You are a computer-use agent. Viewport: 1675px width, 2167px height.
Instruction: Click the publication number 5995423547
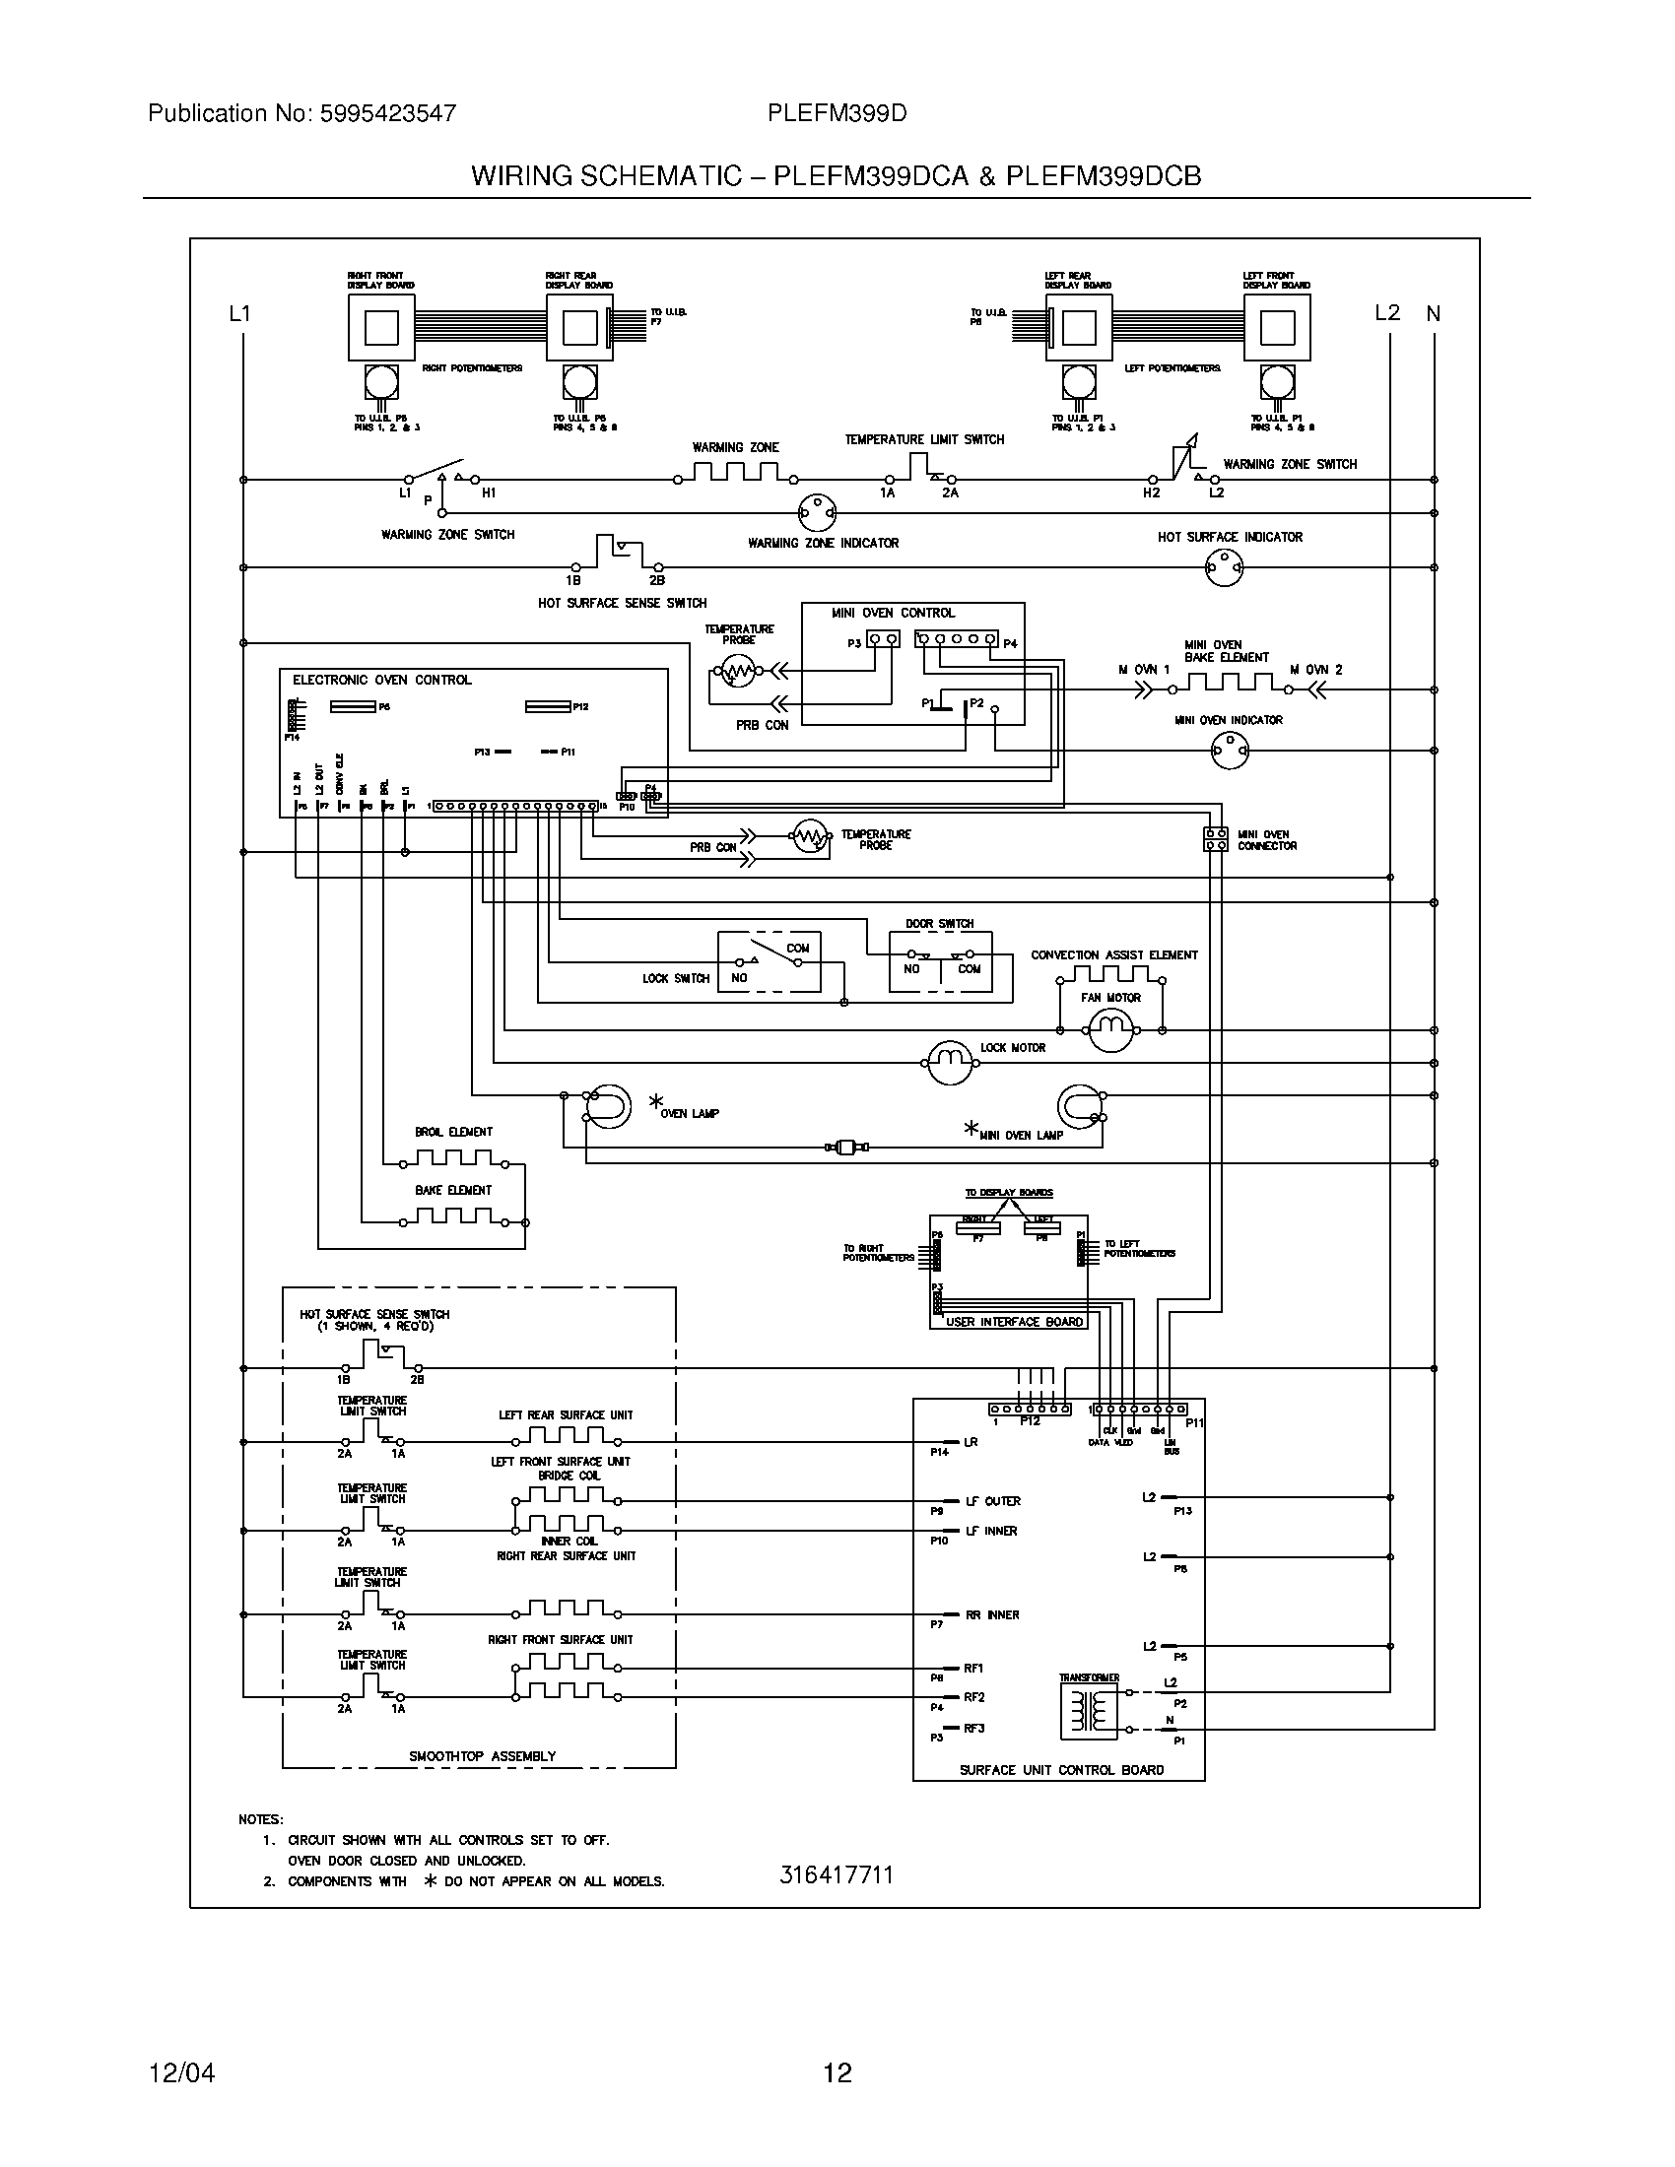click(x=387, y=113)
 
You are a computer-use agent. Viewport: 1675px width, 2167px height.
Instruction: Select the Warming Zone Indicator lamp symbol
click(x=817, y=513)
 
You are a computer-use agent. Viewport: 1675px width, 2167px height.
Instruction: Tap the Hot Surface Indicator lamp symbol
click(x=1224, y=567)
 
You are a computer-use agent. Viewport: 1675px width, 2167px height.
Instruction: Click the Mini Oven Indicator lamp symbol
click(x=1230, y=752)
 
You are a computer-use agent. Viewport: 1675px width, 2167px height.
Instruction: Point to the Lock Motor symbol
click(x=951, y=1063)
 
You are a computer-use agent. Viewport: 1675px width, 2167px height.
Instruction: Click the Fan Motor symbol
click(x=1110, y=1031)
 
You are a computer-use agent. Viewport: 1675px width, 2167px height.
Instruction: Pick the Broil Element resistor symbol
click(x=453, y=1159)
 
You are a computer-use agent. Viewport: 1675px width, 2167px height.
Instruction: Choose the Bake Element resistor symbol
click(x=453, y=1216)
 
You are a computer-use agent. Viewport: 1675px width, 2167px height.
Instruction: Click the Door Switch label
click(x=939, y=923)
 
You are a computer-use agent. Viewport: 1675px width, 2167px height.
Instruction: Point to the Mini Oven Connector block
click(x=1216, y=839)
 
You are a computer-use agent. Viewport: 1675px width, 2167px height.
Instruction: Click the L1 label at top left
click(x=239, y=313)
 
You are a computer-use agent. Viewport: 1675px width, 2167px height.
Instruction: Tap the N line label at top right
click(x=1433, y=313)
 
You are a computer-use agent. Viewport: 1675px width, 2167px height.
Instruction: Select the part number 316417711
click(x=837, y=1874)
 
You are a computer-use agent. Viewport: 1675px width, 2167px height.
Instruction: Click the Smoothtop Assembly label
click(x=482, y=1755)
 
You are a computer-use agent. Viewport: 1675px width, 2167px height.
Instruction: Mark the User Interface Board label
click(x=1014, y=1321)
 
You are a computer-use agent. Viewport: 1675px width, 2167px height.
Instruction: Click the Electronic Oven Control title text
click(x=382, y=680)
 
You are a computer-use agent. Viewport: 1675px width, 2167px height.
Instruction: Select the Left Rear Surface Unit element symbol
click(x=566, y=1436)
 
